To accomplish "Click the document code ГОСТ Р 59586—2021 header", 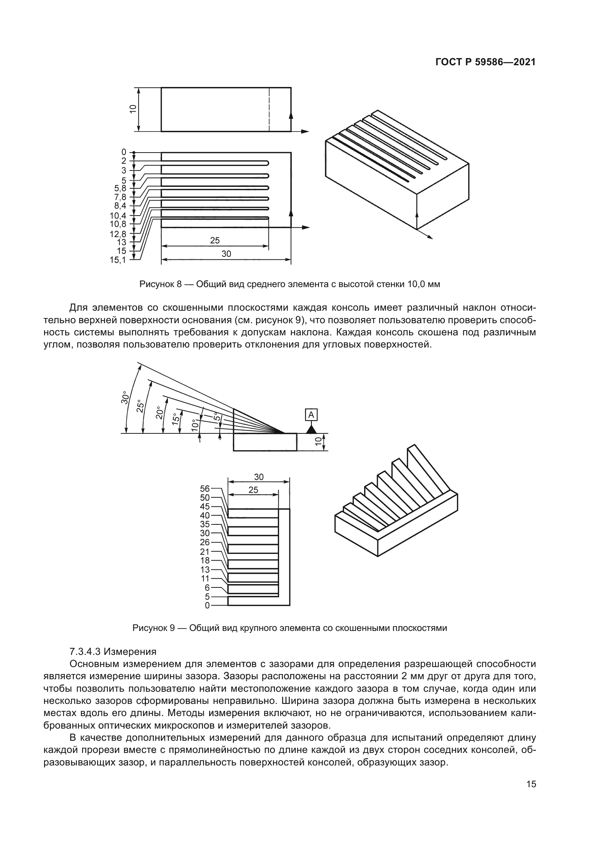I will pyautogui.click(x=485, y=62).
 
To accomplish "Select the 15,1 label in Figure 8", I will pyautogui.click(x=118, y=260).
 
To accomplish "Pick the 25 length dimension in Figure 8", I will pyautogui.click(x=215, y=241).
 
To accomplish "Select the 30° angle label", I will pyautogui.click(x=125, y=398).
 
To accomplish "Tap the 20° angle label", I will pyautogui.click(x=159, y=413).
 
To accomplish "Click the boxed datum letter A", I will pyautogui.click(x=311, y=415).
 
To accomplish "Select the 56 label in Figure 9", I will pyautogui.click(x=205, y=488).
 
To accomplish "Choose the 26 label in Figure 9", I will pyautogui.click(x=205, y=542).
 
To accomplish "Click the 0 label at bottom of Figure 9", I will pyautogui.click(x=207, y=605).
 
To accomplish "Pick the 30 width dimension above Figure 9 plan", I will pyautogui.click(x=259, y=477).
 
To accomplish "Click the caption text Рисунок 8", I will pyautogui.click(x=160, y=284).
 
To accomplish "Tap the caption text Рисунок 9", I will pyautogui.click(x=154, y=628).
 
